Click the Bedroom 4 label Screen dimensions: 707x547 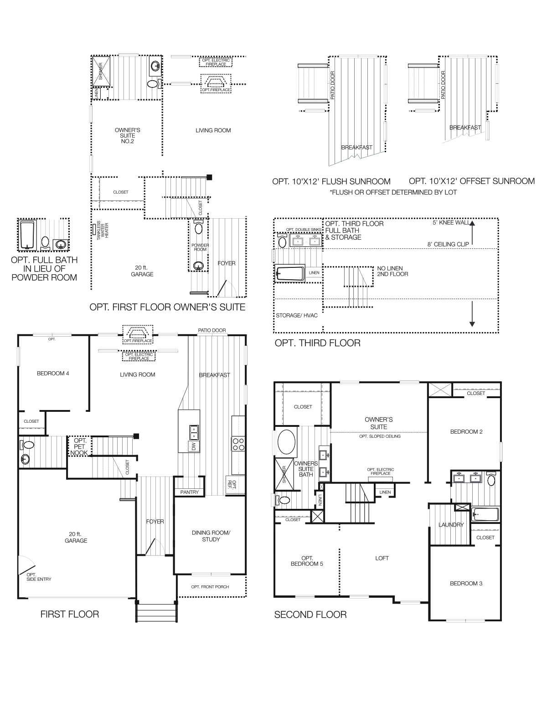(53, 374)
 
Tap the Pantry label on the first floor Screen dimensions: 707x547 (189, 492)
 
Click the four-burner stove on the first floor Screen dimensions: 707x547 (238, 444)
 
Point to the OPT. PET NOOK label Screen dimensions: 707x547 (80, 447)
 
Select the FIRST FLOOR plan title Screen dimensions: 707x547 (69, 614)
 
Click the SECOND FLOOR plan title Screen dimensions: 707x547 (310, 615)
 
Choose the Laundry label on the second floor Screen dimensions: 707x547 (451, 525)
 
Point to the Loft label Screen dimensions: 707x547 (382, 558)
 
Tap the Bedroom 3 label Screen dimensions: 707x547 (466, 584)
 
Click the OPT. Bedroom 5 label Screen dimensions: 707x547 (306, 561)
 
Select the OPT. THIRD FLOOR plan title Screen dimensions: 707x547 (317, 343)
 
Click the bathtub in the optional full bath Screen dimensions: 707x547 (27, 235)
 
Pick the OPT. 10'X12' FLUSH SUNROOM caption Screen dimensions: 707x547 (331, 181)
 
